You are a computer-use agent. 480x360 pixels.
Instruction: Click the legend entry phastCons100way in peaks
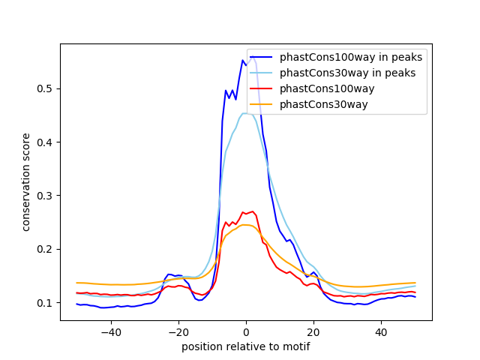tap(350, 57)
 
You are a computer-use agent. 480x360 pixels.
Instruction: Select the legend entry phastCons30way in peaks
tap(347, 73)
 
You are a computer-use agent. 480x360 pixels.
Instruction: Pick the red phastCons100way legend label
tap(327, 88)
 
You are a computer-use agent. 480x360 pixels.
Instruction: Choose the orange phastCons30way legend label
tap(324, 104)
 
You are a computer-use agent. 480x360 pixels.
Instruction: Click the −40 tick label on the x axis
tap(110, 332)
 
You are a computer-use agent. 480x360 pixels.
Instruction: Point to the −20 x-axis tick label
tap(178, 332)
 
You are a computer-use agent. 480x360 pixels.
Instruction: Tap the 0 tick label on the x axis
tap(246, 332)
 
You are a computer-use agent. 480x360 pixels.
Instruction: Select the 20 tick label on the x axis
tap(313, 332)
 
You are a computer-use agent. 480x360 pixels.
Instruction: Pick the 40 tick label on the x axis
tap(381, 332)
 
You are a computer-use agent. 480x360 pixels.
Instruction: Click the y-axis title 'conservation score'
tap(26, 181)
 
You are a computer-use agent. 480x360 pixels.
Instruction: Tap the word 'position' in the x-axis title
tap(201, 347)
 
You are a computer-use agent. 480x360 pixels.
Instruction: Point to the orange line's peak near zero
tap(246, 225)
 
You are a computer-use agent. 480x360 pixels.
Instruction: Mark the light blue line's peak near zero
tap(245, 113)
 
